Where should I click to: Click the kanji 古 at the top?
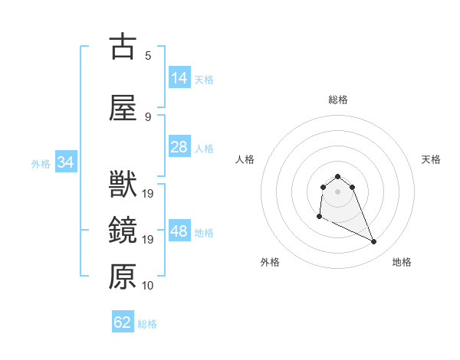pos(123,47)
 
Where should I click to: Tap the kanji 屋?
pos(123,108)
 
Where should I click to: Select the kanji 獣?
pos(123,185)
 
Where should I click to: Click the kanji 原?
pos(123,277)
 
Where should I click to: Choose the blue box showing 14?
pos(179,78)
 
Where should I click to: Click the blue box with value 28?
pos(179,147)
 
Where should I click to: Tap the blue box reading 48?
pos(179,231)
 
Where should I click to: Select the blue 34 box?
pos(65,162)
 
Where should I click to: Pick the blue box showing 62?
pos(123,322)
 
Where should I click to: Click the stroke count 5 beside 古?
pos(148,55)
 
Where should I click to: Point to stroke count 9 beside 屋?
pos(148,116)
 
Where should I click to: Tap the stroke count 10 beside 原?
pos(148,285)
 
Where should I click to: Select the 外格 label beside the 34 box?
pos(41,163)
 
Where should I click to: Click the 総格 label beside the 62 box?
pos(147,324)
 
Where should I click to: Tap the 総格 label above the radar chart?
pos(338,100)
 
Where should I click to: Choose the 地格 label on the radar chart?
pos(402,262)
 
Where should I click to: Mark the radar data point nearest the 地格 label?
pos(374,242)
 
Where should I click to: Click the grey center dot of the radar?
pos(338,191)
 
